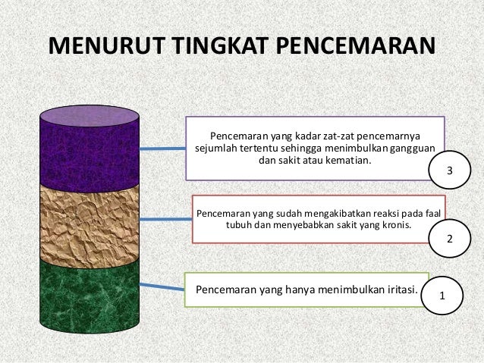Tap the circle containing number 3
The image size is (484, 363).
[449, 171]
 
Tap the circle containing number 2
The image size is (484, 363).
[449, 239]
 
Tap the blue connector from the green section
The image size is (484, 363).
[162, 286]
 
